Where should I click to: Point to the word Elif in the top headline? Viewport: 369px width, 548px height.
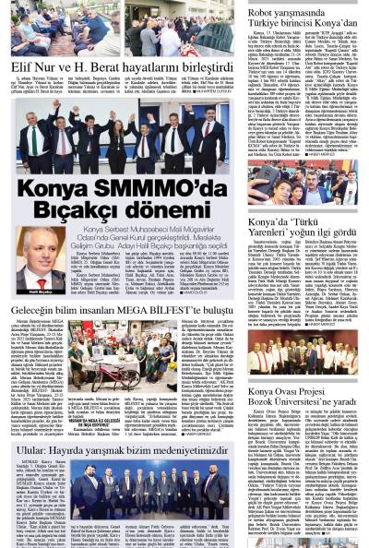coord(20,69)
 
